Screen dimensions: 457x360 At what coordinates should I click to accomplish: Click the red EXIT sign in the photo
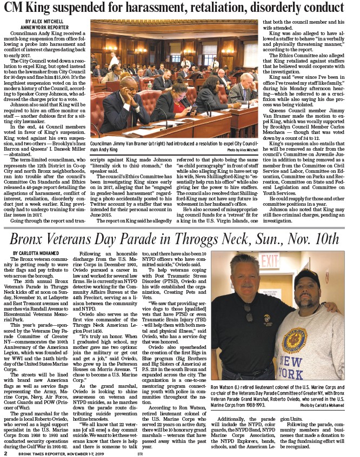coord(269,262)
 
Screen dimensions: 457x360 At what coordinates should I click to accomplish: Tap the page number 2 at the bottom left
coord(5,453)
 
